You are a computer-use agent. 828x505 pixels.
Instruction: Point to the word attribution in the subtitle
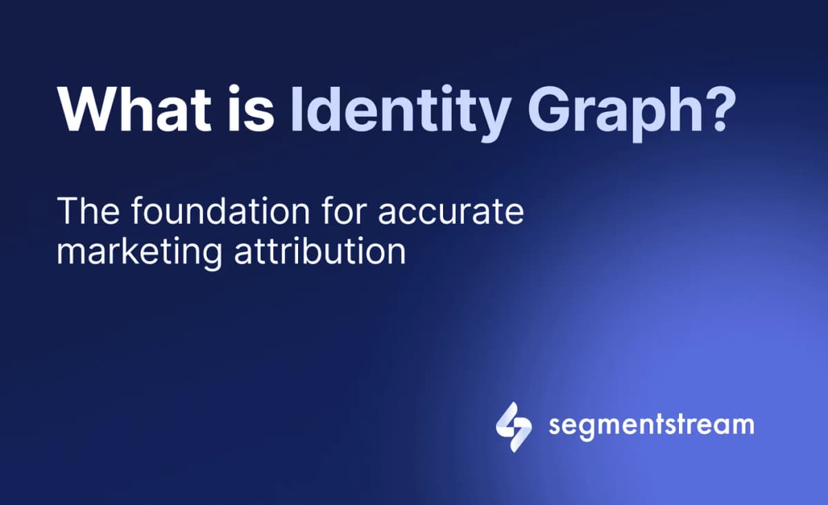(319, 251)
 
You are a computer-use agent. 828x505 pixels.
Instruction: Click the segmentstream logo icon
(513, 426)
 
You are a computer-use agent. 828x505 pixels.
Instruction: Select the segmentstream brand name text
(651, 424)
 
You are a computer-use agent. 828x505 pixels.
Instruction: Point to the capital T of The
(68, 211)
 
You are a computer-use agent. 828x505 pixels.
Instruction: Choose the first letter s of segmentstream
(555, 426)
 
